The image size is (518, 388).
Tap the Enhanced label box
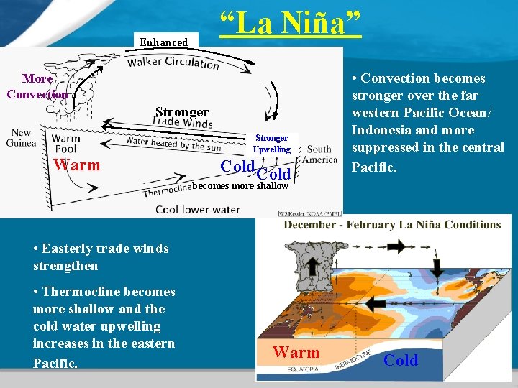point(163,42)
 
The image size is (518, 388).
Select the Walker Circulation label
point(173,63)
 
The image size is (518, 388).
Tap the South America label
point(319,154)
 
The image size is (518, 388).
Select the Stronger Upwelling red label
point(271,144)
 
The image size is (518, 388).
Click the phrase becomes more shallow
point(240,186)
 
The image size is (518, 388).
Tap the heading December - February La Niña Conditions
point(393,224)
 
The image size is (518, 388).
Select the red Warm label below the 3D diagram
point(296,353)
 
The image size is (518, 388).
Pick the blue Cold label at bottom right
point(401,361)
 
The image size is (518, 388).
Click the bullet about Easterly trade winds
point(101,257)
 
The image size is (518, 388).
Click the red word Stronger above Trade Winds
point(182,112)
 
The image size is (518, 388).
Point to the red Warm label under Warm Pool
point(77,165)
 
